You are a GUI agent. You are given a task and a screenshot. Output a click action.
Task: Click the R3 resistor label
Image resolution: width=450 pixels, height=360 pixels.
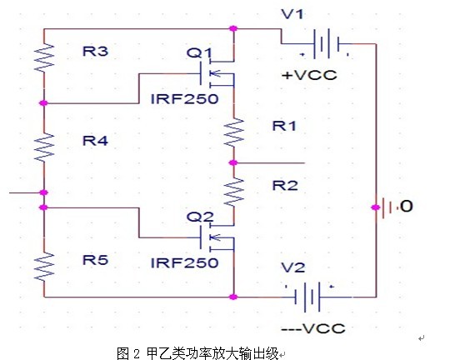point(95,52)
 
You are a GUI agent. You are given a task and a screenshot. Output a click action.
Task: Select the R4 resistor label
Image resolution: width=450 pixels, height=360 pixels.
point(95,141)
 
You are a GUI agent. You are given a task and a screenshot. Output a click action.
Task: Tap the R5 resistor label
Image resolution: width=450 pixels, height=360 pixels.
point(95,260)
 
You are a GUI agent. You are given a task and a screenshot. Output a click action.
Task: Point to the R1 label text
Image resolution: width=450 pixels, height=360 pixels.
point(284,126)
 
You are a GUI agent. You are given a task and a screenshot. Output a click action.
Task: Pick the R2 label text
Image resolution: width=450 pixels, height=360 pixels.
point(285,186)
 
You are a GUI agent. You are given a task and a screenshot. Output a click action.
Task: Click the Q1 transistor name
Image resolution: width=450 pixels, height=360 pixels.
point(199,52)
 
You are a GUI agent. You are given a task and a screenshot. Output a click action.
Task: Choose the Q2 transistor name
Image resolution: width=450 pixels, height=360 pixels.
point(200,217)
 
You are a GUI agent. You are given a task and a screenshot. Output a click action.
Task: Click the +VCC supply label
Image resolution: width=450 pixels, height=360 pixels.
point(309,75)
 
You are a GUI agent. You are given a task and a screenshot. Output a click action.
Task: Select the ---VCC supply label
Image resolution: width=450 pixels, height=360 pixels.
point(313,328)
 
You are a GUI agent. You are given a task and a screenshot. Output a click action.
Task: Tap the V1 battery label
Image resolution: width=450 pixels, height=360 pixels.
point(292,14)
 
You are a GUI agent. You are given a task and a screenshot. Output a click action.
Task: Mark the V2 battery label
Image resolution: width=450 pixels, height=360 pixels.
point(293,267)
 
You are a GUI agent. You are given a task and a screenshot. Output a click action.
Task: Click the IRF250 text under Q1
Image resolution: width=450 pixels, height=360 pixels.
point(184,99)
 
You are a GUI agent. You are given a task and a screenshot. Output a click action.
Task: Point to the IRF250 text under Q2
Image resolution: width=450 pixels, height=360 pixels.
point(184,263)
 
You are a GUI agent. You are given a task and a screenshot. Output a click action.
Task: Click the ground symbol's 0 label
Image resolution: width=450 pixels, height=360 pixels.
point(406,207)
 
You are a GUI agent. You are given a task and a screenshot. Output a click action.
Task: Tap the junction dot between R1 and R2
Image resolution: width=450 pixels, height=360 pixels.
point(233,163)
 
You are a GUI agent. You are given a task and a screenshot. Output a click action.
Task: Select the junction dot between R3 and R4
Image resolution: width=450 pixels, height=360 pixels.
point(43,102)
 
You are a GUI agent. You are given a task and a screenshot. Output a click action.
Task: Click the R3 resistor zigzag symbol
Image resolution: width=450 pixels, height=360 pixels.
point(44,57)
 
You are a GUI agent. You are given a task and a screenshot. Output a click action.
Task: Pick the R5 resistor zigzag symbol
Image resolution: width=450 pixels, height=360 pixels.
point(44,266)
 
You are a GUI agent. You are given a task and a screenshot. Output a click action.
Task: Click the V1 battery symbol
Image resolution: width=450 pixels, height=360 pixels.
point(327,43)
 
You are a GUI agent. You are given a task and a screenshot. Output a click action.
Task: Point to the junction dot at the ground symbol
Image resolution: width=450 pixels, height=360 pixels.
point(375,207)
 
